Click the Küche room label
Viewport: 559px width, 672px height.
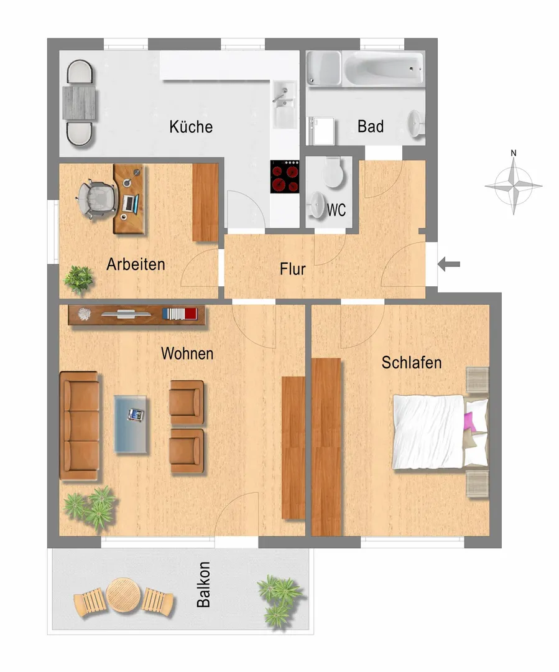pos(191,127)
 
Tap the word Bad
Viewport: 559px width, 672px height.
pos(371,126)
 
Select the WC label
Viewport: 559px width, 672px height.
pos(336,210)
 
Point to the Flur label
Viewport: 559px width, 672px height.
pos(293,269)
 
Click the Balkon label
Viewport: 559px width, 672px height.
pos(203,584)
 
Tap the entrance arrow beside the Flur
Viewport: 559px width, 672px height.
pos(449,264)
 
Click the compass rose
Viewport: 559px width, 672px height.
pos(514,185)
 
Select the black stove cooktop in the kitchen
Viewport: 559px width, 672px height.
pos(284,177)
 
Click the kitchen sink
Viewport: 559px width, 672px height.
pos(284,105)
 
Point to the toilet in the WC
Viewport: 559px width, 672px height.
pos(333,172)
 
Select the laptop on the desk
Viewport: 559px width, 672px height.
pos(130,204)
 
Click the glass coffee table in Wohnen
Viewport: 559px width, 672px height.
pos(131,424)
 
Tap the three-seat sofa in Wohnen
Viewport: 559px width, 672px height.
pos(80,426)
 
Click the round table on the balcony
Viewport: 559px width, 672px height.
pos(123,595)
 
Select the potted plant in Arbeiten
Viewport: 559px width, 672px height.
pos(78,279)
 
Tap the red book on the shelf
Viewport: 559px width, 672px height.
pos(191,314)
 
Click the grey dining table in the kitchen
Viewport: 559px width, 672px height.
pos(79,103)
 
